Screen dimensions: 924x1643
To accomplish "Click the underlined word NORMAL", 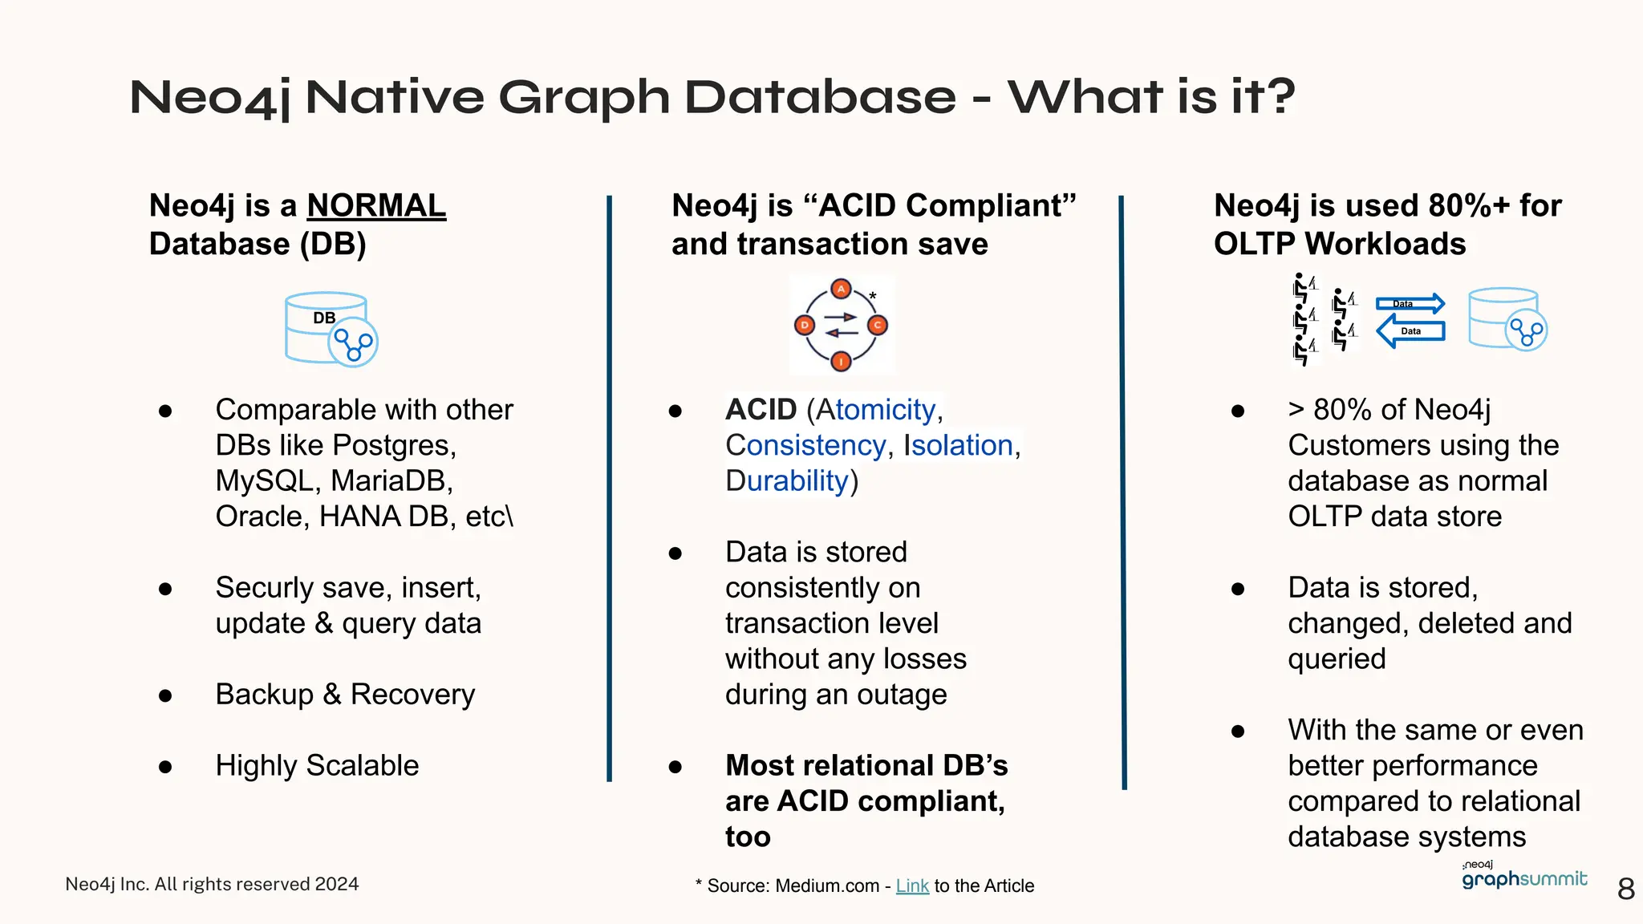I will coord(376,206).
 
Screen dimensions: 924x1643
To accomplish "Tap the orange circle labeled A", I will coord(841,289).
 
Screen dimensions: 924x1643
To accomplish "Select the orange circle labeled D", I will coord(804,325).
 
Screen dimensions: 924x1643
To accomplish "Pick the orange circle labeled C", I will coord(877,325).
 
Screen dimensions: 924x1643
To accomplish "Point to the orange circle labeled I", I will coord(841,362).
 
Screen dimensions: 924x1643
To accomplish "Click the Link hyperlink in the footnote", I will coord(912,885).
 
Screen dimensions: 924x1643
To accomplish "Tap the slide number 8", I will coord(1626,889).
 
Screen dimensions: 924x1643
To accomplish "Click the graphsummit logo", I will coord(1523,877).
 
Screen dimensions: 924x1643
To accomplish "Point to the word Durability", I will coord(787,481).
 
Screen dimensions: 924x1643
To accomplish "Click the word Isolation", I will coord(958,445).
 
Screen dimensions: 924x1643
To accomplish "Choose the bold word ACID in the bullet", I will coord(761,410).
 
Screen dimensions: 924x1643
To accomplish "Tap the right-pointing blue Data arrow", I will coord(1410,303).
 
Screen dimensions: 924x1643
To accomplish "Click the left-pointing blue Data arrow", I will coord(1410,330).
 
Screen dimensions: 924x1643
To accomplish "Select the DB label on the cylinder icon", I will coord(324,318).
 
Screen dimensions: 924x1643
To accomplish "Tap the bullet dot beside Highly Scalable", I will coord(165,767).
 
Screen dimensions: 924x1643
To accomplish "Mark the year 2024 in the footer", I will coord(337,884).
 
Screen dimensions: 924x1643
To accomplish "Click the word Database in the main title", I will coord(820,97).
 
